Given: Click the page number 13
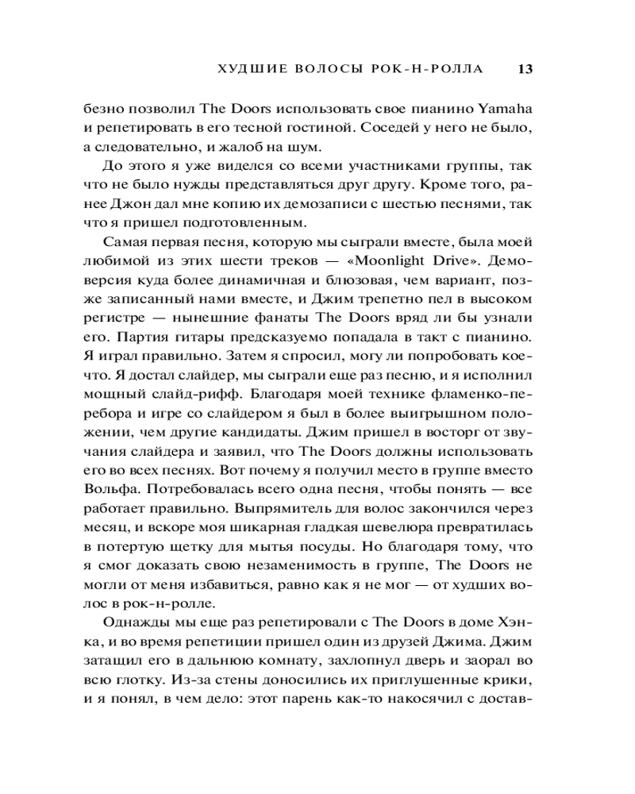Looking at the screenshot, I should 524,69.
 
